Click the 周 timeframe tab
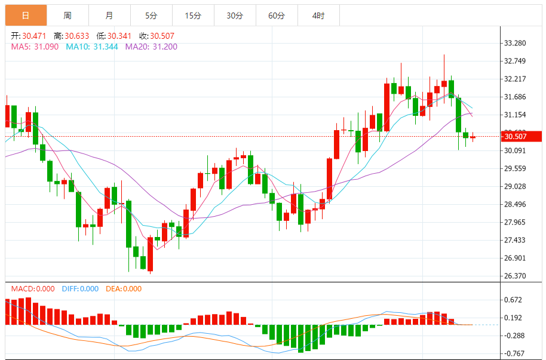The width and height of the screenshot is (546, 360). (68, 16)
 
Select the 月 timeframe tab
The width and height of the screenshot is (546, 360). (109, 16)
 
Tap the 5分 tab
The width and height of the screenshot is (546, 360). (151, 16)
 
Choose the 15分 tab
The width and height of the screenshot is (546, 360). (193, 16)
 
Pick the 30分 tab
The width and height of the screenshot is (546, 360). (235, 16)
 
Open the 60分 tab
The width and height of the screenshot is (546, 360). (277, 16)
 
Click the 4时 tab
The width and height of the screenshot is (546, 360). (318, 16)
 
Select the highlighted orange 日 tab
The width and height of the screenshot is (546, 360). (26, 16)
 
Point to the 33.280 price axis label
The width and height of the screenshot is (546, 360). (515, 43)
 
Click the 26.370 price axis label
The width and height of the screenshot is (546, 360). (515, 276)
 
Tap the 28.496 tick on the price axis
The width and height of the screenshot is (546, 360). (515, 204)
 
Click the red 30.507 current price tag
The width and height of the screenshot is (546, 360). (522, 136)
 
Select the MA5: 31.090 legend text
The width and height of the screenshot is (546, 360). (35, 47)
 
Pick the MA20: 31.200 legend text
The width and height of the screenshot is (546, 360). (151, 47)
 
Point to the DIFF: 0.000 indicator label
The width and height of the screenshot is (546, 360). (80, 289)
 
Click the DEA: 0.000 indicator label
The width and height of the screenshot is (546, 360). (124, 289)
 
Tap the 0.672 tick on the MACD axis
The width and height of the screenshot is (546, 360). (514, 300)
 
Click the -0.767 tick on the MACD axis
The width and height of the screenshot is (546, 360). (514, 353)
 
